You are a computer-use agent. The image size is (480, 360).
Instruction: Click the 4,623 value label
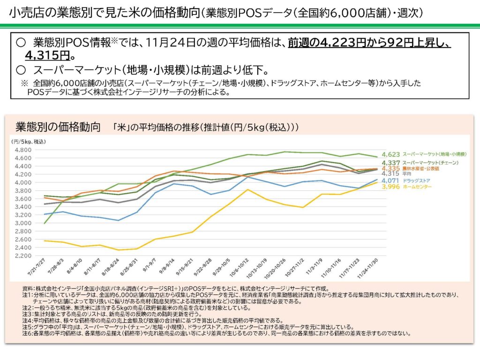point(390,154)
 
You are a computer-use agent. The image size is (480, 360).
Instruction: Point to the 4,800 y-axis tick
point(23,150)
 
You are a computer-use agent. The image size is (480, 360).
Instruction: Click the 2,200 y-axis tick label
point(23,255)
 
